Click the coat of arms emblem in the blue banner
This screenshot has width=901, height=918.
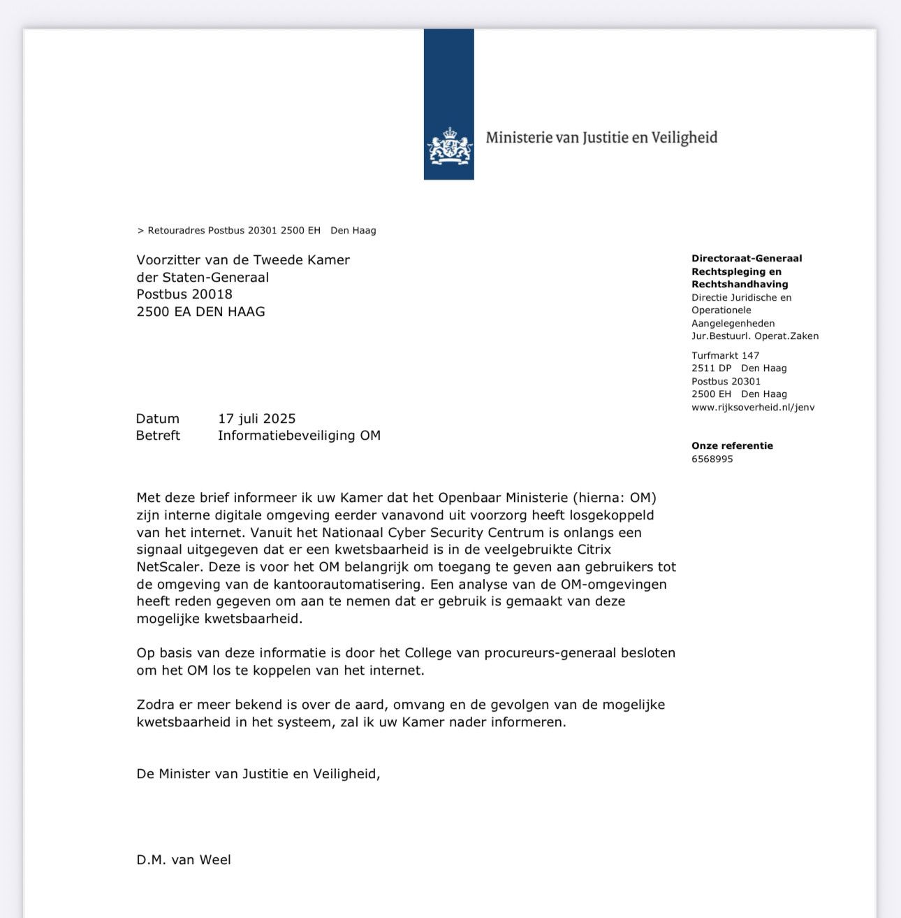tap(449, 146)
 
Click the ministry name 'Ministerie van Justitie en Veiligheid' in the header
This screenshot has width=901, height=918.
tap(601, 138)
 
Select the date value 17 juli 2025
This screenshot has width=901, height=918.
tap(256, 419)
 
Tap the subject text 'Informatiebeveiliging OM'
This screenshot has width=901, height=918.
tap(299, 436)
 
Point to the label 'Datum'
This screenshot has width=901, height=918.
tap(157, 419)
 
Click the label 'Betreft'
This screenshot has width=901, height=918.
tap(158, 436)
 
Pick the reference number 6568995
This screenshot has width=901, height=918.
tap(712, 459)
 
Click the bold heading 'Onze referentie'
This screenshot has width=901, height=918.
tap(732, 446)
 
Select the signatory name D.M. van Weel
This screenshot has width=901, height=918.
tap(184, 860)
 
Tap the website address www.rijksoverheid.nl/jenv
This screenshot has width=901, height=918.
tap(752, 408)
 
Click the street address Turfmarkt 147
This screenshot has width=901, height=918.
tap(725, 356)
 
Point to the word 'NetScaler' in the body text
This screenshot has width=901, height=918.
tap(168, 567)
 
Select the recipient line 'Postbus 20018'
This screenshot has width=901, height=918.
tap(184, 294)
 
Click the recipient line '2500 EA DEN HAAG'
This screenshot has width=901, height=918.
tap(200, 312)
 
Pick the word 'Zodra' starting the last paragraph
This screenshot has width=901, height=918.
tap(155, 705)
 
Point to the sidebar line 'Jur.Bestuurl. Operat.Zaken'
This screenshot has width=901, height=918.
tap(754, 336)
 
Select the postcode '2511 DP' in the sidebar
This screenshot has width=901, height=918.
tap(711, 368)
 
